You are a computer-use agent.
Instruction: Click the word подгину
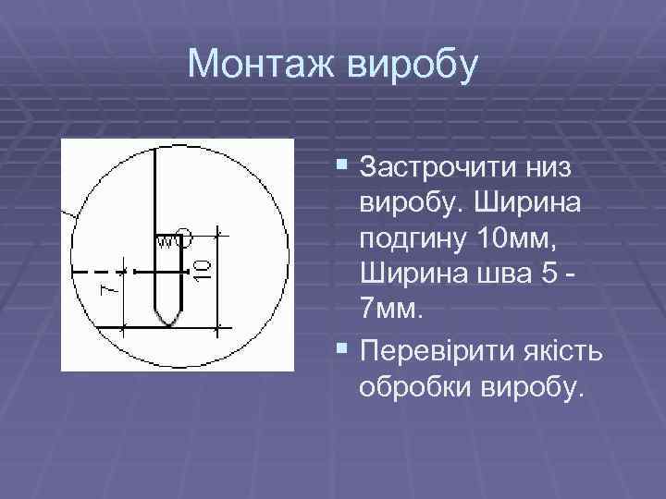(411, 237)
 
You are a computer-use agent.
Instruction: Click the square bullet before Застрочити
(343, 167)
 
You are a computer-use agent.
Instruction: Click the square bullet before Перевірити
(343, 350)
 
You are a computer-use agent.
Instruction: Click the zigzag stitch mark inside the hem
(166, 241)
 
